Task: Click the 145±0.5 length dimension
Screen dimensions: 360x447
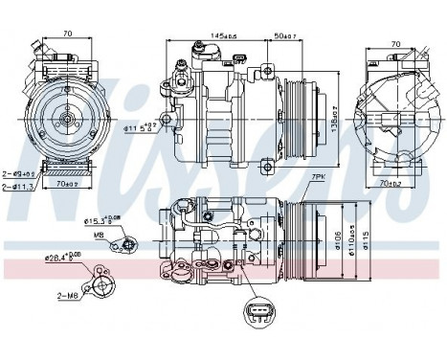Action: click(215, 36)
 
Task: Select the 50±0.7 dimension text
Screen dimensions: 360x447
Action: click(285, 36)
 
